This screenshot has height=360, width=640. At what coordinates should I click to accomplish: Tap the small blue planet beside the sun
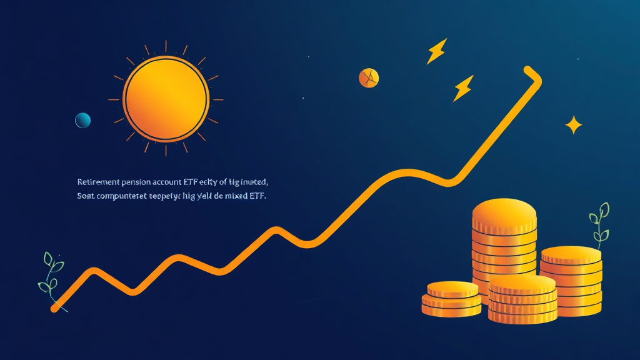[82, 120]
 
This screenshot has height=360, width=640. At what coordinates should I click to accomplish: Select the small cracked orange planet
[369, 77]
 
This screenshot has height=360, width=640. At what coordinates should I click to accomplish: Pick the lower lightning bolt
[463, 88]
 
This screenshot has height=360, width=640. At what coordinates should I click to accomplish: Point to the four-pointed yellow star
[573, 125]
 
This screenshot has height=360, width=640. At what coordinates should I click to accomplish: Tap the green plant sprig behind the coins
[599, 222]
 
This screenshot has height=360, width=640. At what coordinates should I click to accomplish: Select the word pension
[140, 182]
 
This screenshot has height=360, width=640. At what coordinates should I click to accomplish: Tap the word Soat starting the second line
[86, 196]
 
